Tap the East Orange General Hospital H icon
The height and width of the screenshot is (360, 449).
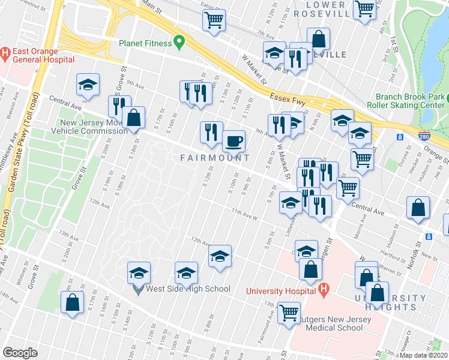coord(5,52)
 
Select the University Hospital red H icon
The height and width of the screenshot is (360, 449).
coord(324,291)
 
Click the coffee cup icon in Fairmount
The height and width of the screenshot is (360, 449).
coord(234,142)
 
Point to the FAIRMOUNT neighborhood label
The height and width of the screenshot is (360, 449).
coord(215,158)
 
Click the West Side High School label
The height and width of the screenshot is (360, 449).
coord(187,289)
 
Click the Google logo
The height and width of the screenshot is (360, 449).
coord(19,353)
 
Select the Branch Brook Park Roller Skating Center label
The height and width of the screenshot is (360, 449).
coord(411,101)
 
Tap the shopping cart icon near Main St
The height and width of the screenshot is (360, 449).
coord(214,20)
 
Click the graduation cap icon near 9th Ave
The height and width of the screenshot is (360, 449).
coord(88,85)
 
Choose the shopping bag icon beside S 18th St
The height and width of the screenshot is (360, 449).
coord(134,118)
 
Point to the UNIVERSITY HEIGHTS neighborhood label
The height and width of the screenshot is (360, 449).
coord(390,302)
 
